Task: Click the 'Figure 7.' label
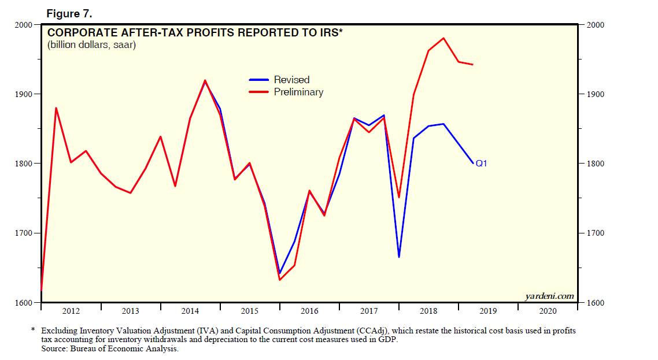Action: click(x=68, y=14)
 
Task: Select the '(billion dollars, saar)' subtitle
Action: click(x=91, y=44)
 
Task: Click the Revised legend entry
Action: click(x=291, y=80)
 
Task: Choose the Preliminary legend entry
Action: click(x=298, y=92)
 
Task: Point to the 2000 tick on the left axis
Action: click(x=25, y=25)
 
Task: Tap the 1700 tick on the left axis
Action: click(x=25, y=233)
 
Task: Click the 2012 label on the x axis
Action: click(x=71, y=311)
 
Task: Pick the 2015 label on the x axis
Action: click(x=250, y=311)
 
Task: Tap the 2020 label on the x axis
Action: click(x=548, y=311)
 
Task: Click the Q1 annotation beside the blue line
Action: click(x=481, y=164)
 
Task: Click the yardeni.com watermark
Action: click(x=549, y=296)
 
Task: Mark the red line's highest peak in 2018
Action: click(x=443, y=38)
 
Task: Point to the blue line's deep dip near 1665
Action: click(x=399, y=257)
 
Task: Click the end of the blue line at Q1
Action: click(x=473, y=164)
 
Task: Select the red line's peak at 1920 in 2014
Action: click(x=205, y=80)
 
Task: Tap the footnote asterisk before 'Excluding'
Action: click(x=33, y=331)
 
